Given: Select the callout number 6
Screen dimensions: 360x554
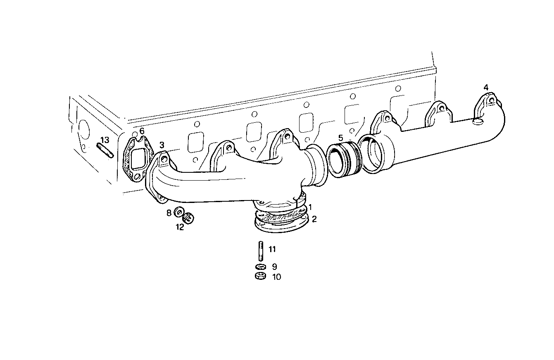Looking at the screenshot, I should (x=142, y=131).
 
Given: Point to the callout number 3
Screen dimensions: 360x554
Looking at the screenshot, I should (x=162, y=145).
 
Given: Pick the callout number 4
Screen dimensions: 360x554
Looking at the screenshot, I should (x=486, y=87).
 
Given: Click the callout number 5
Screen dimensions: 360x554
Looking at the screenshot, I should (x=340, y=137).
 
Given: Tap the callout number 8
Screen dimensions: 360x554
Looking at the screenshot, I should (x=169, y=213).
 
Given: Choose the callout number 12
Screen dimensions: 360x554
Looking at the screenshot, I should (x=180, y=227).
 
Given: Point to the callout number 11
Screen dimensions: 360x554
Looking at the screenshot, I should (x=272, y=249).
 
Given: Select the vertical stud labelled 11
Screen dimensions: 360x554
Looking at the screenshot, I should (x=261, y=250).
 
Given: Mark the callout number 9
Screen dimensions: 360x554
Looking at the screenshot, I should (x=274, y=267).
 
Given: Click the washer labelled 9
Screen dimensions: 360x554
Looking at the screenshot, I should (x=261, y=267).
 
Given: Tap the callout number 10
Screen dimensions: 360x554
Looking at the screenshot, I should (x=276, y=277).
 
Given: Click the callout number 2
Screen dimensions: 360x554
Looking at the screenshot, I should (x=314, y=219).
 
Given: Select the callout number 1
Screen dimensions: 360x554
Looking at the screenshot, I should (x=310, y=206).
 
